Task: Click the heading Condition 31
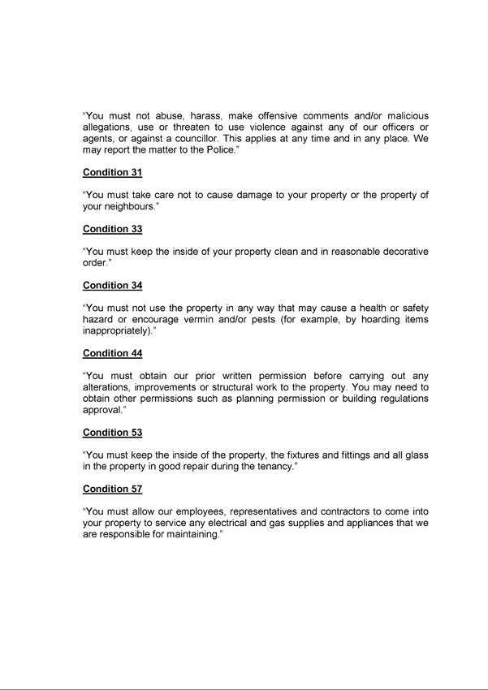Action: [x=112, y=172]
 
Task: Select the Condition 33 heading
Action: [x=112, y=229]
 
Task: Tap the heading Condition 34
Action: [x=112, y=286]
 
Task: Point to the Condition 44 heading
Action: [x=112, y=353]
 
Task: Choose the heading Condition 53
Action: [x=112, y=433]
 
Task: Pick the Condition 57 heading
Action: [x=112, y=489]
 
